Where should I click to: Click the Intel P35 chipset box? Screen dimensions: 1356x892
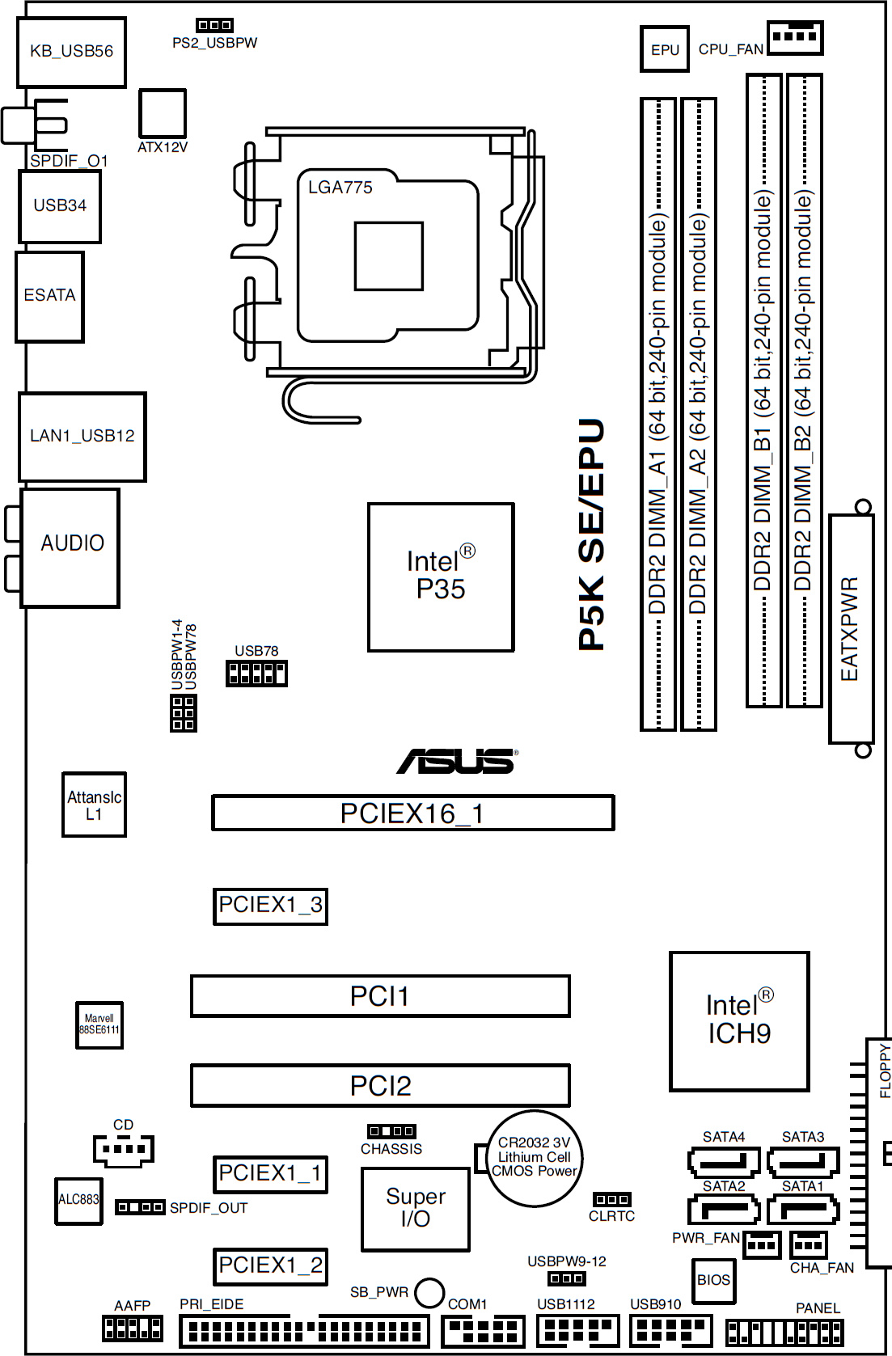click(441, 577)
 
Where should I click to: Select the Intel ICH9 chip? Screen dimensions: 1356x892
click(739, 1020)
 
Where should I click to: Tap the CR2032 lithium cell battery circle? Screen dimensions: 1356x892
click(534, 1158)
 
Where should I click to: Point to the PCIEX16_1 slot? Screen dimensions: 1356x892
click(412, 813)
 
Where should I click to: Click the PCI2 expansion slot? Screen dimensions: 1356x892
click(380, 1085)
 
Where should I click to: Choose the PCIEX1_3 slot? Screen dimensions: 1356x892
click(270, 906)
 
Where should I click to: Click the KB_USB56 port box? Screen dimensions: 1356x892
click(71, 52)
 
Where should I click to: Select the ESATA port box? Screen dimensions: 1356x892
click(49, 296)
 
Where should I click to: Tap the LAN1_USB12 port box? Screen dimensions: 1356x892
click(82, 437)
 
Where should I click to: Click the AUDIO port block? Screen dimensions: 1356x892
click(71, 547)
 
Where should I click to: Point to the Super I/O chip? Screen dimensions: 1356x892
click(416, 1208)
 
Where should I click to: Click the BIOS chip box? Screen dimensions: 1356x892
click(713, 1280)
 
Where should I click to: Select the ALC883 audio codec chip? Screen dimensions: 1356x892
click(78, 1200)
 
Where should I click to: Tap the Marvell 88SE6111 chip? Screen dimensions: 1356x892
click(99, 1025)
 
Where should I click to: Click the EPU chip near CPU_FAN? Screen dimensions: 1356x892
click(665, 49)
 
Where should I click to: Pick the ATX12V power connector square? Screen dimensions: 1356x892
click(163, 113)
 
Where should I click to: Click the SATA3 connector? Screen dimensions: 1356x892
click(802, 1161)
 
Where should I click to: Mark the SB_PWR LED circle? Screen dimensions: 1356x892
click(429, 1293)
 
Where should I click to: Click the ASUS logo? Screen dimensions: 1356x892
click(457, 761)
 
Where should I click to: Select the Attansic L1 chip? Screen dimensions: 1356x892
click(94, 805)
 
